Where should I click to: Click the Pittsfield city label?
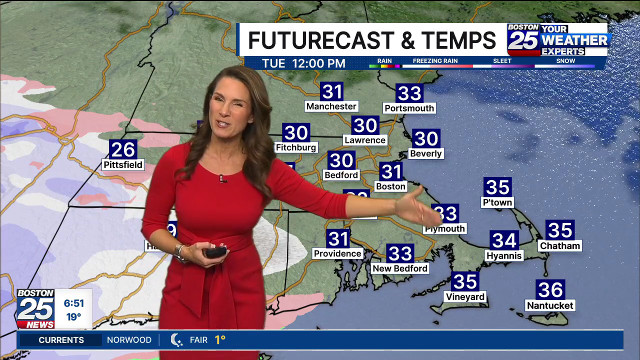point(122,164)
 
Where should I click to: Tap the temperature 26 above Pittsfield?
point(123,149)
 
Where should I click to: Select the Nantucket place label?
point(550,305)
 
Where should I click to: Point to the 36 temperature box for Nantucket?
point(550,289)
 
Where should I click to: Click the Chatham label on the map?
point(559,245)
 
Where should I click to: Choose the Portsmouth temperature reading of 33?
point(409,93)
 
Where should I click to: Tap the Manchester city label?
point(331,106)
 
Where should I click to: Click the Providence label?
point(337,253)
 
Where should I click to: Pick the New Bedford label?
point(400,268)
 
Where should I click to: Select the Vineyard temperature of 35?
point(465,281)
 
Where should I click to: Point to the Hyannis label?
point(504,255)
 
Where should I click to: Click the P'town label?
point(497,202)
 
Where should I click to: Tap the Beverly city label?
point(425,153)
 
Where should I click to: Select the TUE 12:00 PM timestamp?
point(304,63)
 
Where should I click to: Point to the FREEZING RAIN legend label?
point(435,61)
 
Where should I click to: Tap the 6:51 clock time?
point(73,303)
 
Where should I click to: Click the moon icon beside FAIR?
point(176,340)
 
